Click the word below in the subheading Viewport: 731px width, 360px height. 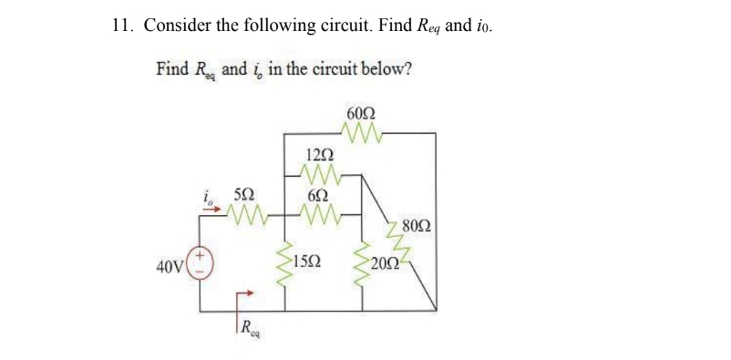[388, 69]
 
